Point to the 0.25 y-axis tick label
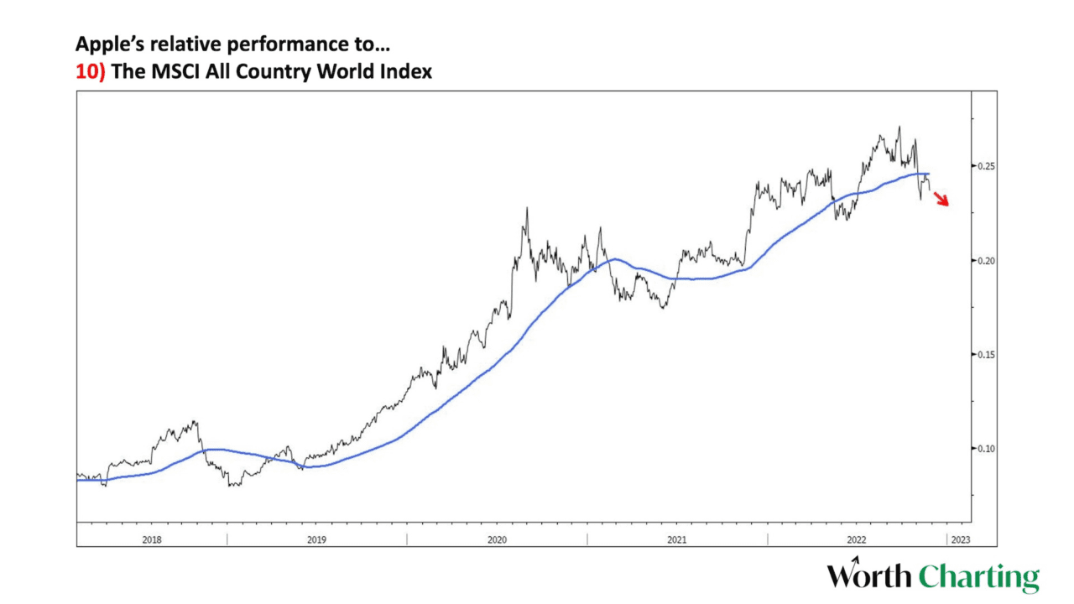(x=988, y=166)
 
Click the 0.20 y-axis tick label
(x=988, y=261)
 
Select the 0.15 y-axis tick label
(x=988, y=355)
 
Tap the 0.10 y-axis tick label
(x=988, y=449)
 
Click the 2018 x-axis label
(x=152, y=539)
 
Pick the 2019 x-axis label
(x=315, y=539)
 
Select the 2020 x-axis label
(x=497, y=539)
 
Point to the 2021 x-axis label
(x=678, y=539)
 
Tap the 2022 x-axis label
(x=857, y=539)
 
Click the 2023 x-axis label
(x=961, y=539)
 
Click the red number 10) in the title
(x=91, y=71)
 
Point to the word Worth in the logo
(x=869, y=577)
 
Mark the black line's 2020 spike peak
(x=526, y=208)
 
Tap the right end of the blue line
(x=929, y=174)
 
